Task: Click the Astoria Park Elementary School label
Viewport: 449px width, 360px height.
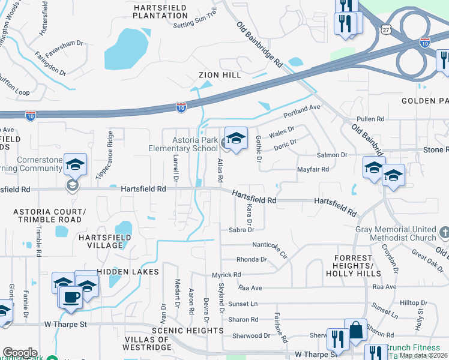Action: (x=184, y=144)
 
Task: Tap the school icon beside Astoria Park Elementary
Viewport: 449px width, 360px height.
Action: (x=235, y=139)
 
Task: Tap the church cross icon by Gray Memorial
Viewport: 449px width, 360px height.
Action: (x=444, y=232)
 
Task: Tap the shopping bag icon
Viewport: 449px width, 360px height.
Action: (x=355, y=330)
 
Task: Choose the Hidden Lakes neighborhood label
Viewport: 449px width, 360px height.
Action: (x=128, y=272)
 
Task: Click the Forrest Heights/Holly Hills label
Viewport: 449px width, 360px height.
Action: (x=353, y=266)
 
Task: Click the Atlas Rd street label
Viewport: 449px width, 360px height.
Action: (x=220, y=170)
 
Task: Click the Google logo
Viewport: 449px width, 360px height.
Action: (x=19, y=353)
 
